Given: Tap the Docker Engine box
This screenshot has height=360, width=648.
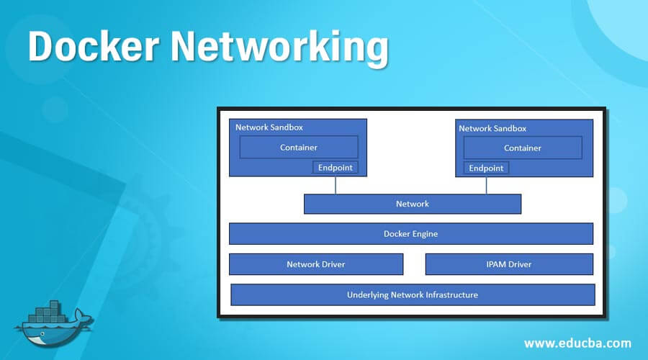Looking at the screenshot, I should pos(410,234).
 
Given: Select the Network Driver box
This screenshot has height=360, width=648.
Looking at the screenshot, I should pos(315,264).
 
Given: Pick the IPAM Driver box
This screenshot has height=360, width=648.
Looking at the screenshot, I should pos(509,264).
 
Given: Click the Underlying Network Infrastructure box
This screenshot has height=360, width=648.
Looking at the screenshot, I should pos(412,294).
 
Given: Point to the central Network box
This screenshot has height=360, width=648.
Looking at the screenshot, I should pos(412,204).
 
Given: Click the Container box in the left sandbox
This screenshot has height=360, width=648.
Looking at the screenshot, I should pos(298,148).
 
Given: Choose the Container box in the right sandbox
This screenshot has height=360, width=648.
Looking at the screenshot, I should pos(522,148).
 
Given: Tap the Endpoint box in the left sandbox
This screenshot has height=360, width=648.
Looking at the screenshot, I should pos(334,168).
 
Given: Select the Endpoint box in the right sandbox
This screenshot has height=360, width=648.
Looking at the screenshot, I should pos(486,168).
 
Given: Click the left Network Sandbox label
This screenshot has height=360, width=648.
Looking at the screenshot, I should pos(269,127).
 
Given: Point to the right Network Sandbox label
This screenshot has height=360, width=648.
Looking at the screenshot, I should pos(492,128).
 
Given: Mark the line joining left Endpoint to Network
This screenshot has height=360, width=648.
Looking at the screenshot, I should pos(335,185).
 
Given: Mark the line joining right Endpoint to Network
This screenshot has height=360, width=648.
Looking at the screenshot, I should pos(486,185).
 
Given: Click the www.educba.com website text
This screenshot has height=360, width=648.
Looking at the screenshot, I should pos(577,343).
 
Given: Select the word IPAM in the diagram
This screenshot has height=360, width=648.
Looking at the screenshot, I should pos(498,264).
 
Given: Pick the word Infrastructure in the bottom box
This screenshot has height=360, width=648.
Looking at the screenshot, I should pos(451,294).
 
